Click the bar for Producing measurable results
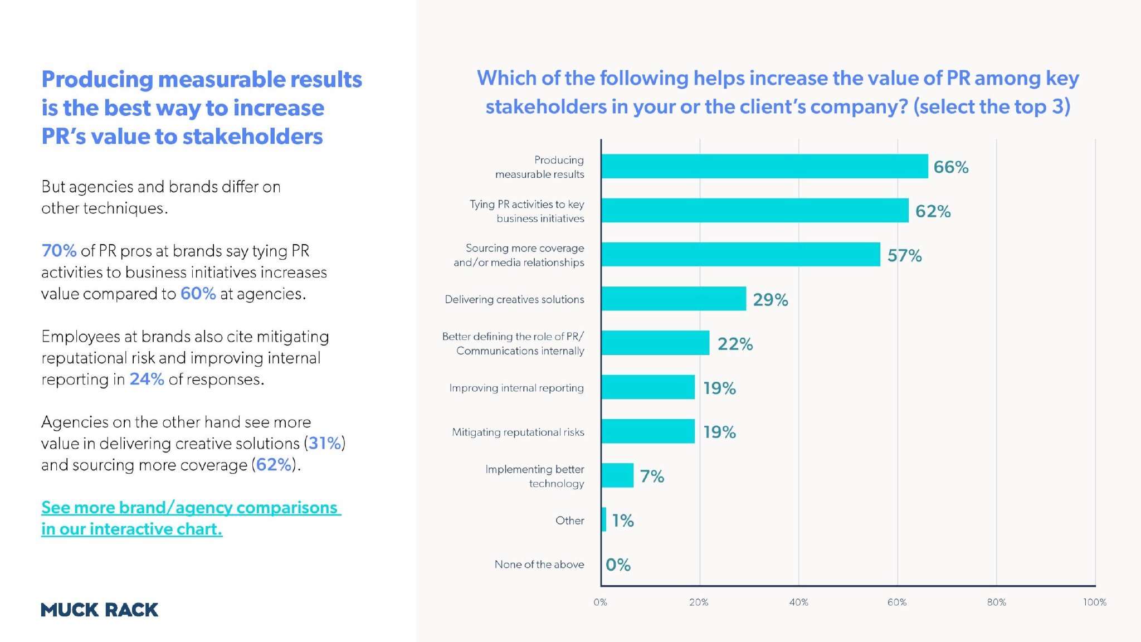(764, 166)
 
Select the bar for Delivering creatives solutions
(674, 299)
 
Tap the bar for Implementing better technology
(617, 475)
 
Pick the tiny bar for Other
(604, 519)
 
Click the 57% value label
(904, 255)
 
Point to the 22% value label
(735, 344)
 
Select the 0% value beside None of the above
(618, 565)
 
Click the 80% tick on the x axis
(996, 602)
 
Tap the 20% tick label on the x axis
(699, 602)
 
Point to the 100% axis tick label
(1094, 602)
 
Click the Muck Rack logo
(100, 610)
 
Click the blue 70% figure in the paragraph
(59, 251)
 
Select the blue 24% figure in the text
(147, 379)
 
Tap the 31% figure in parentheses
(325, 443)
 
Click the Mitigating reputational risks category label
(518, 432)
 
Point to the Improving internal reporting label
(516, 388)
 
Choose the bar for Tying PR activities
(754, 211)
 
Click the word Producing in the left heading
(97, 80)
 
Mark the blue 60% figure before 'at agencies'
(198, 294)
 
